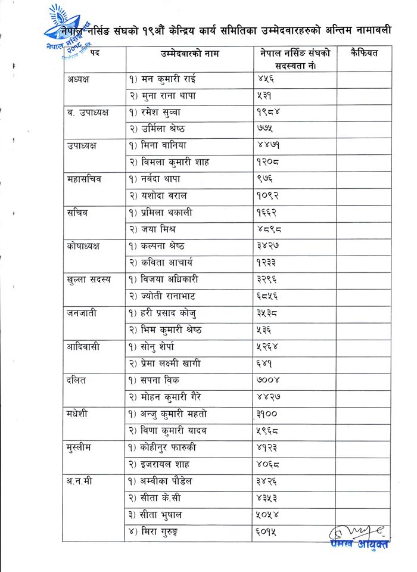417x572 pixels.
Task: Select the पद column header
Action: tap(95, 54)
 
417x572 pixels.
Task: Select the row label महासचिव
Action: tap(83, 179)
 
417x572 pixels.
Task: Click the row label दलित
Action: tap(78, 380)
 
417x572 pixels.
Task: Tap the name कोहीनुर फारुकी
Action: tap(166, 447)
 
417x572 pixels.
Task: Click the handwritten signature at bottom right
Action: tap(357, 531)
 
